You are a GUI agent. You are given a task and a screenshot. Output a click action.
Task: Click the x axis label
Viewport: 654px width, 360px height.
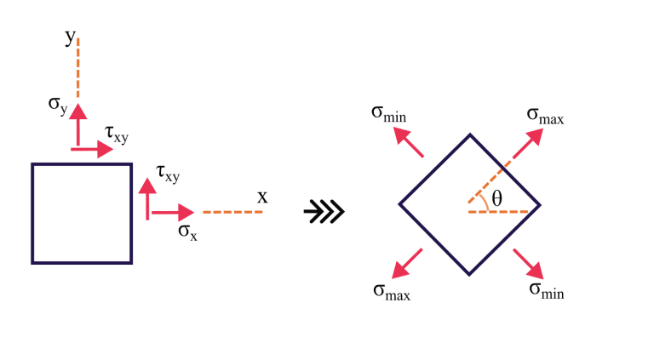click(x=262, y=197)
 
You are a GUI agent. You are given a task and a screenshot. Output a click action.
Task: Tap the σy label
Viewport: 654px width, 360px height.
click(x=57, y=106)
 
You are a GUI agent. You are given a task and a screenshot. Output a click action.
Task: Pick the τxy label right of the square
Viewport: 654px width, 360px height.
click(x=168, y=174)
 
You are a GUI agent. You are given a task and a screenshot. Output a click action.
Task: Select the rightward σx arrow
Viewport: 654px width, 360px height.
click(x=174, y=211)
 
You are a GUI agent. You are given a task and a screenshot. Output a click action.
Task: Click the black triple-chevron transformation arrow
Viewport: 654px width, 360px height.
click(x=324, y=211)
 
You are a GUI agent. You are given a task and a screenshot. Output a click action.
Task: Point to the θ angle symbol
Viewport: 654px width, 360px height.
click(x=497, y=198)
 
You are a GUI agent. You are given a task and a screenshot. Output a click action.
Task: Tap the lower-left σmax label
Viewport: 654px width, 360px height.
click(x=392, y=292)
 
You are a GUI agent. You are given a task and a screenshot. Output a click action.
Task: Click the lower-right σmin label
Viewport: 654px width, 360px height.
click(x=547, y=290)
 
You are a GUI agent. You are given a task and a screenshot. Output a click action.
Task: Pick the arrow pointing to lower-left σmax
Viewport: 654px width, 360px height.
click(x=408, y=263)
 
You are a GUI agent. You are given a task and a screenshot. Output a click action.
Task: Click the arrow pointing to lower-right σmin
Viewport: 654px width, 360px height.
click(x=528, y=263)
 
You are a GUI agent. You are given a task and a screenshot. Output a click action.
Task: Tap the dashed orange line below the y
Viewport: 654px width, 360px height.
click(x=77, y=68)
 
